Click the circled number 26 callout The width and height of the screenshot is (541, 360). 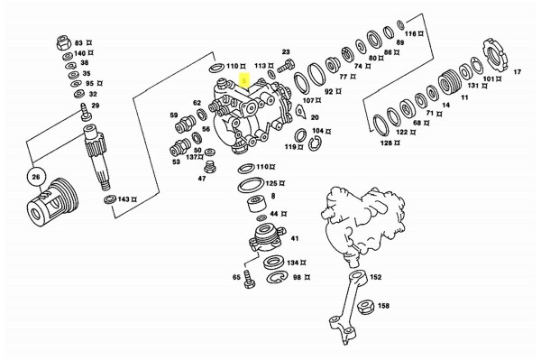point(36,178)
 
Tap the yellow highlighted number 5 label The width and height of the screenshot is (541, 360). point(244,81)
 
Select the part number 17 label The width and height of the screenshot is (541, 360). point(518,72)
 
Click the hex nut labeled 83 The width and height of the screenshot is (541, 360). point(64,42)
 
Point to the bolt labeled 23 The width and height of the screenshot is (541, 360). point(286,66)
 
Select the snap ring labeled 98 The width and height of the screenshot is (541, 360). point(278,277)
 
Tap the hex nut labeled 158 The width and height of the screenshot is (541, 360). point(365,307)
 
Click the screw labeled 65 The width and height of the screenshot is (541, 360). point(248,279)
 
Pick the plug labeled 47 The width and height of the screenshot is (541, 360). point(208,167)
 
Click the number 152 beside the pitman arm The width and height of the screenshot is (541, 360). point(375,277)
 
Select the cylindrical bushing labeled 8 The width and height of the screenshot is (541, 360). point(257,204)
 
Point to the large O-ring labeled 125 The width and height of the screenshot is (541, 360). point(251,185)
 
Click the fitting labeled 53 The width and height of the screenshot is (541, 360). point(179,148)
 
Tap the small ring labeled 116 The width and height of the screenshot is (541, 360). point(400,25)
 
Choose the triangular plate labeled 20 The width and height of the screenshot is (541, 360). point(300,112)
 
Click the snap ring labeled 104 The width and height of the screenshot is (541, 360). point(315,143)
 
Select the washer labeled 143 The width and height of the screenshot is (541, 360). point(110,199)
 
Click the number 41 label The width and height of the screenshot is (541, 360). point(295,238)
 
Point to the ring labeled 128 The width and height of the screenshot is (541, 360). point(381,125)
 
